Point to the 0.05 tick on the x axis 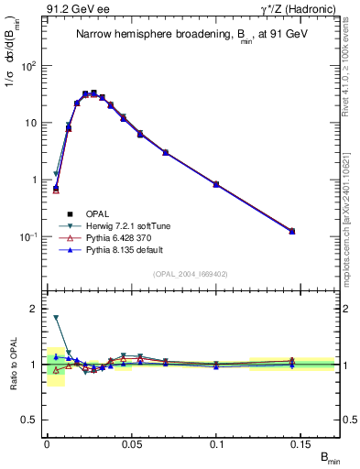(x=132, y=443)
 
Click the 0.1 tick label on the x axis (x=217, y=443)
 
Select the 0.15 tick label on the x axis (x=302, y=443)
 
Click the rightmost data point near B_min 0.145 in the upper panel (x=292, y=231)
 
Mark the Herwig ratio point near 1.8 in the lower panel (x=56, y=318)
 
